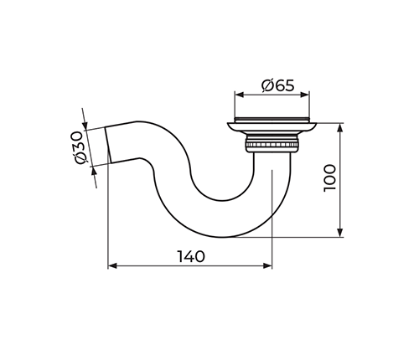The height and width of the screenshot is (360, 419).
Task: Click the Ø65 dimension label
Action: (x=278, y=85)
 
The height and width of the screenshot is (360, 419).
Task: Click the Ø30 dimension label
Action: (x=77, y=147)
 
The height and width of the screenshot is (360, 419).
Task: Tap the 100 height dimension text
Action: (x=329, y=177)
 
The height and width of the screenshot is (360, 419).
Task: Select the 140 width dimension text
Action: (x=191, y=256)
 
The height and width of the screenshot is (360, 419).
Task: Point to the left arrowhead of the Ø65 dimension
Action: (x=239, y=95)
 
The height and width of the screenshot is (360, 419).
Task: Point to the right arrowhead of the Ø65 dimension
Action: (x=305, y=95)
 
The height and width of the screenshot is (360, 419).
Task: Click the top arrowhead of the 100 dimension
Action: (x=339, y=128)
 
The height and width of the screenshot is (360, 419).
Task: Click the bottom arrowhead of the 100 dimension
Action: (x=339, y=233)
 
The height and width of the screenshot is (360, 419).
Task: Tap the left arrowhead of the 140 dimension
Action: (x=112, y=265)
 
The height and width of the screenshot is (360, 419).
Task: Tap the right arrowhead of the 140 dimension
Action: (x=267, y=265)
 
